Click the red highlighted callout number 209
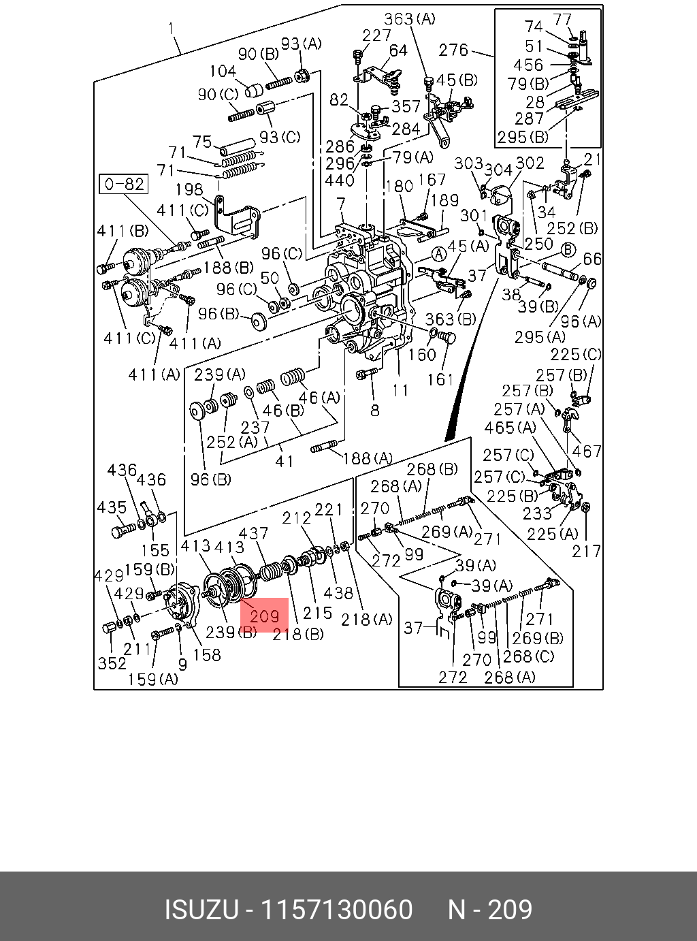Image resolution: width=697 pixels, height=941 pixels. (264, 615)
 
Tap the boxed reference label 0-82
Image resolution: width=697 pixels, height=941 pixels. (123, 184)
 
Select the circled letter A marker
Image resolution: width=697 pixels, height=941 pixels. (439, 255)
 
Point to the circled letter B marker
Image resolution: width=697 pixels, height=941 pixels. (568, 249)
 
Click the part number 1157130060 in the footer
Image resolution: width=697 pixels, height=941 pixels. (336, 909)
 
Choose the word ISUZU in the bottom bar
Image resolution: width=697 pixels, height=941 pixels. (201, 909)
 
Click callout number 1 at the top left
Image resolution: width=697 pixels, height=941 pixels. (171, 29)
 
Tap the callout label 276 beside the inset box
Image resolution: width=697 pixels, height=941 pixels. (453, 50)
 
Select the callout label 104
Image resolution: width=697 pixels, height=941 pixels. (223, 71)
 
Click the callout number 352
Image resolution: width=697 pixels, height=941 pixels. (112, 663)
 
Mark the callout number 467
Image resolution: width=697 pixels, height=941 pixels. (587, 451)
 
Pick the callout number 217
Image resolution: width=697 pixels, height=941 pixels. (586, 551)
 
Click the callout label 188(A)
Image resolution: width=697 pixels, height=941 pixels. (368, 458)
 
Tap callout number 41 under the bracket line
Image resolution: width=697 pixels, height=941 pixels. (285, 461)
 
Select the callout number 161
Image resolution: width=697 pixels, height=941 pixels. (441, 380)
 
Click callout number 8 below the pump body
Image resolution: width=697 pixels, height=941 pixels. (374, 411)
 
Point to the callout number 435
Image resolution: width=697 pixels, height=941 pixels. (112, 507)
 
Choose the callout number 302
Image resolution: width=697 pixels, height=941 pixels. (530, 163)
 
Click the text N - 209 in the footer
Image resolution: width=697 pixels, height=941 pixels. (490, 909)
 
